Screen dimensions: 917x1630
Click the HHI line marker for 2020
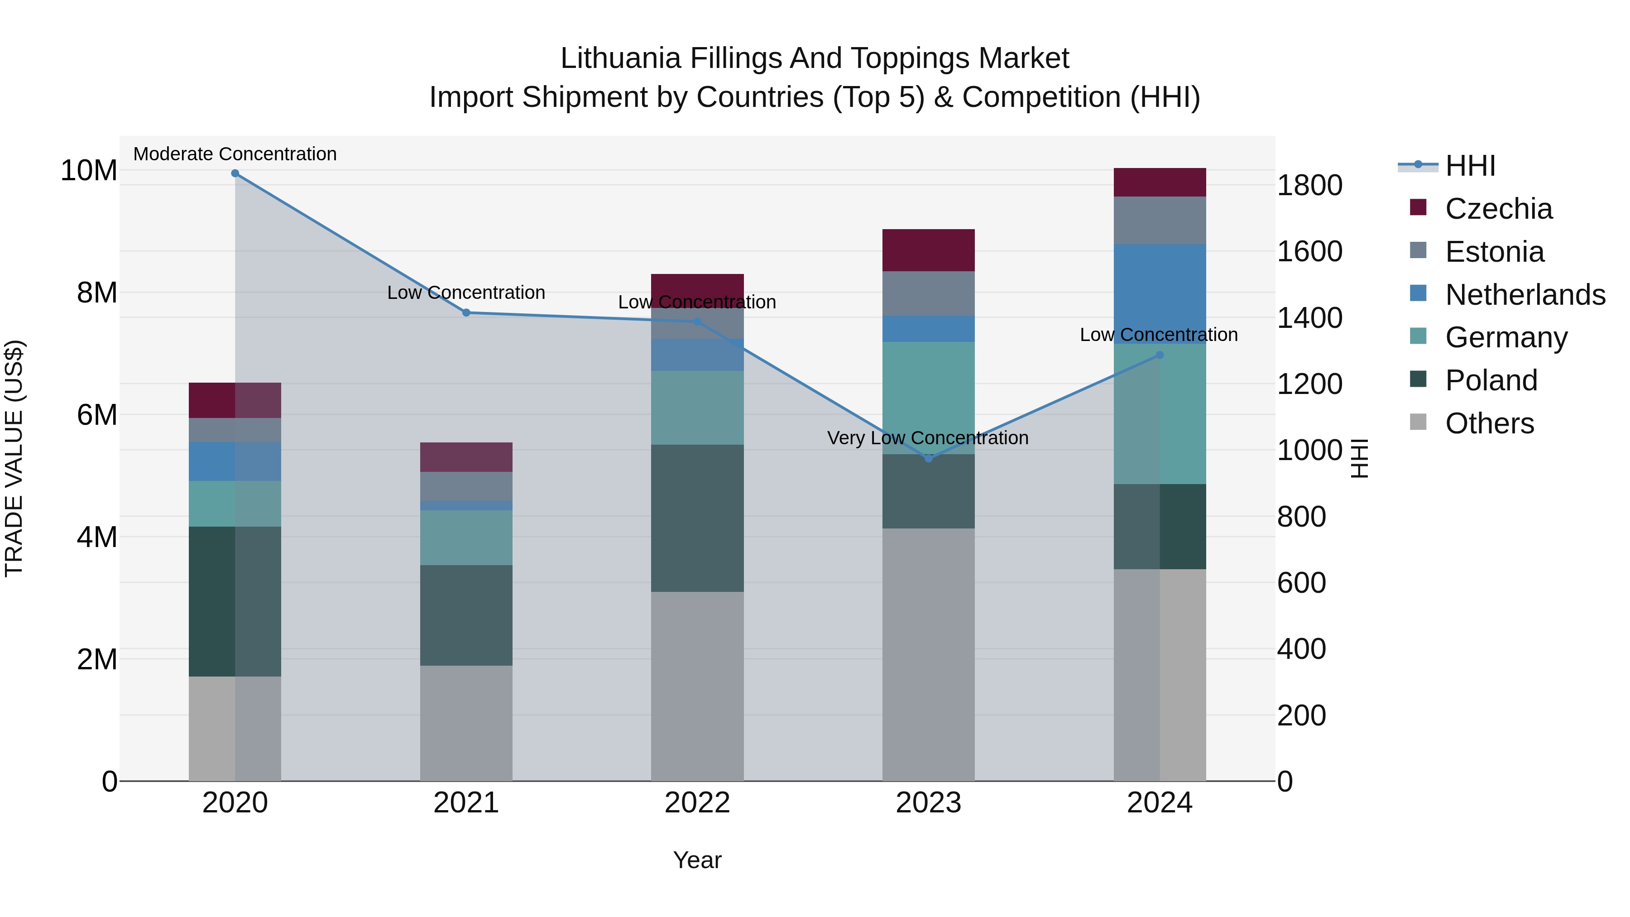click(235, 173)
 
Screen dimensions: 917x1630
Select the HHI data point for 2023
click(928, 458)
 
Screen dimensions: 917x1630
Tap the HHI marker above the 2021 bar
click(466, 312)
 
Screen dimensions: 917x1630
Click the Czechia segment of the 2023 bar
click(928, 250)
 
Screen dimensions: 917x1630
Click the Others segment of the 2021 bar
click(466, 723)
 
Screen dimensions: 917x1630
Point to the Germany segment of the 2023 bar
click(928, 398)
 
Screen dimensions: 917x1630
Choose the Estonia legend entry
click(1494, 252)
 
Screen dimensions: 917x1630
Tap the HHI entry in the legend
click(1469, 166)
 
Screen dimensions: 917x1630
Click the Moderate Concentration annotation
click(235, 154)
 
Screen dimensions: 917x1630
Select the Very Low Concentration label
click(928, 438)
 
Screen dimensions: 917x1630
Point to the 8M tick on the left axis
click(97, 293)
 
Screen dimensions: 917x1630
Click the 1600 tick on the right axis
click(1309, 251)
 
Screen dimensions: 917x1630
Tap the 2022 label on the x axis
click(697, 803)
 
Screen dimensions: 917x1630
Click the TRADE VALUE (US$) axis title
click(14, 458)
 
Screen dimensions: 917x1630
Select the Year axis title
click(697, 860)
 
